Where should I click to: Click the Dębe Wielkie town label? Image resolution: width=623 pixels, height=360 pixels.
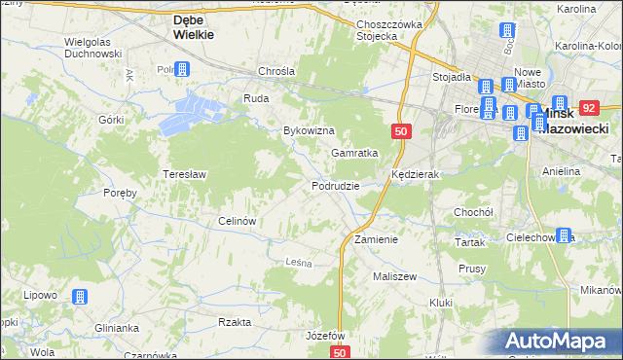[200, 26]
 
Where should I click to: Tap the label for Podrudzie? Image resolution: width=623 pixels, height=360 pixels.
[336, 185]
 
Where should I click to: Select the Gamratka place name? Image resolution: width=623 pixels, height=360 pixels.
[353, 153]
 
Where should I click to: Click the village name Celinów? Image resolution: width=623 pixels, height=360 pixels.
[238, 220]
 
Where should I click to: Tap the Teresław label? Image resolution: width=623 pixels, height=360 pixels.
[183, 174]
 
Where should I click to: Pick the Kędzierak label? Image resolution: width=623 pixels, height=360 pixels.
[417, 174]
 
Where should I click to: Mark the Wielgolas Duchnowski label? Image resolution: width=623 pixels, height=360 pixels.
[92, 48]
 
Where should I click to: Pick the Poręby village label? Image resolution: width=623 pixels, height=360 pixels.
[120, 193]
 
